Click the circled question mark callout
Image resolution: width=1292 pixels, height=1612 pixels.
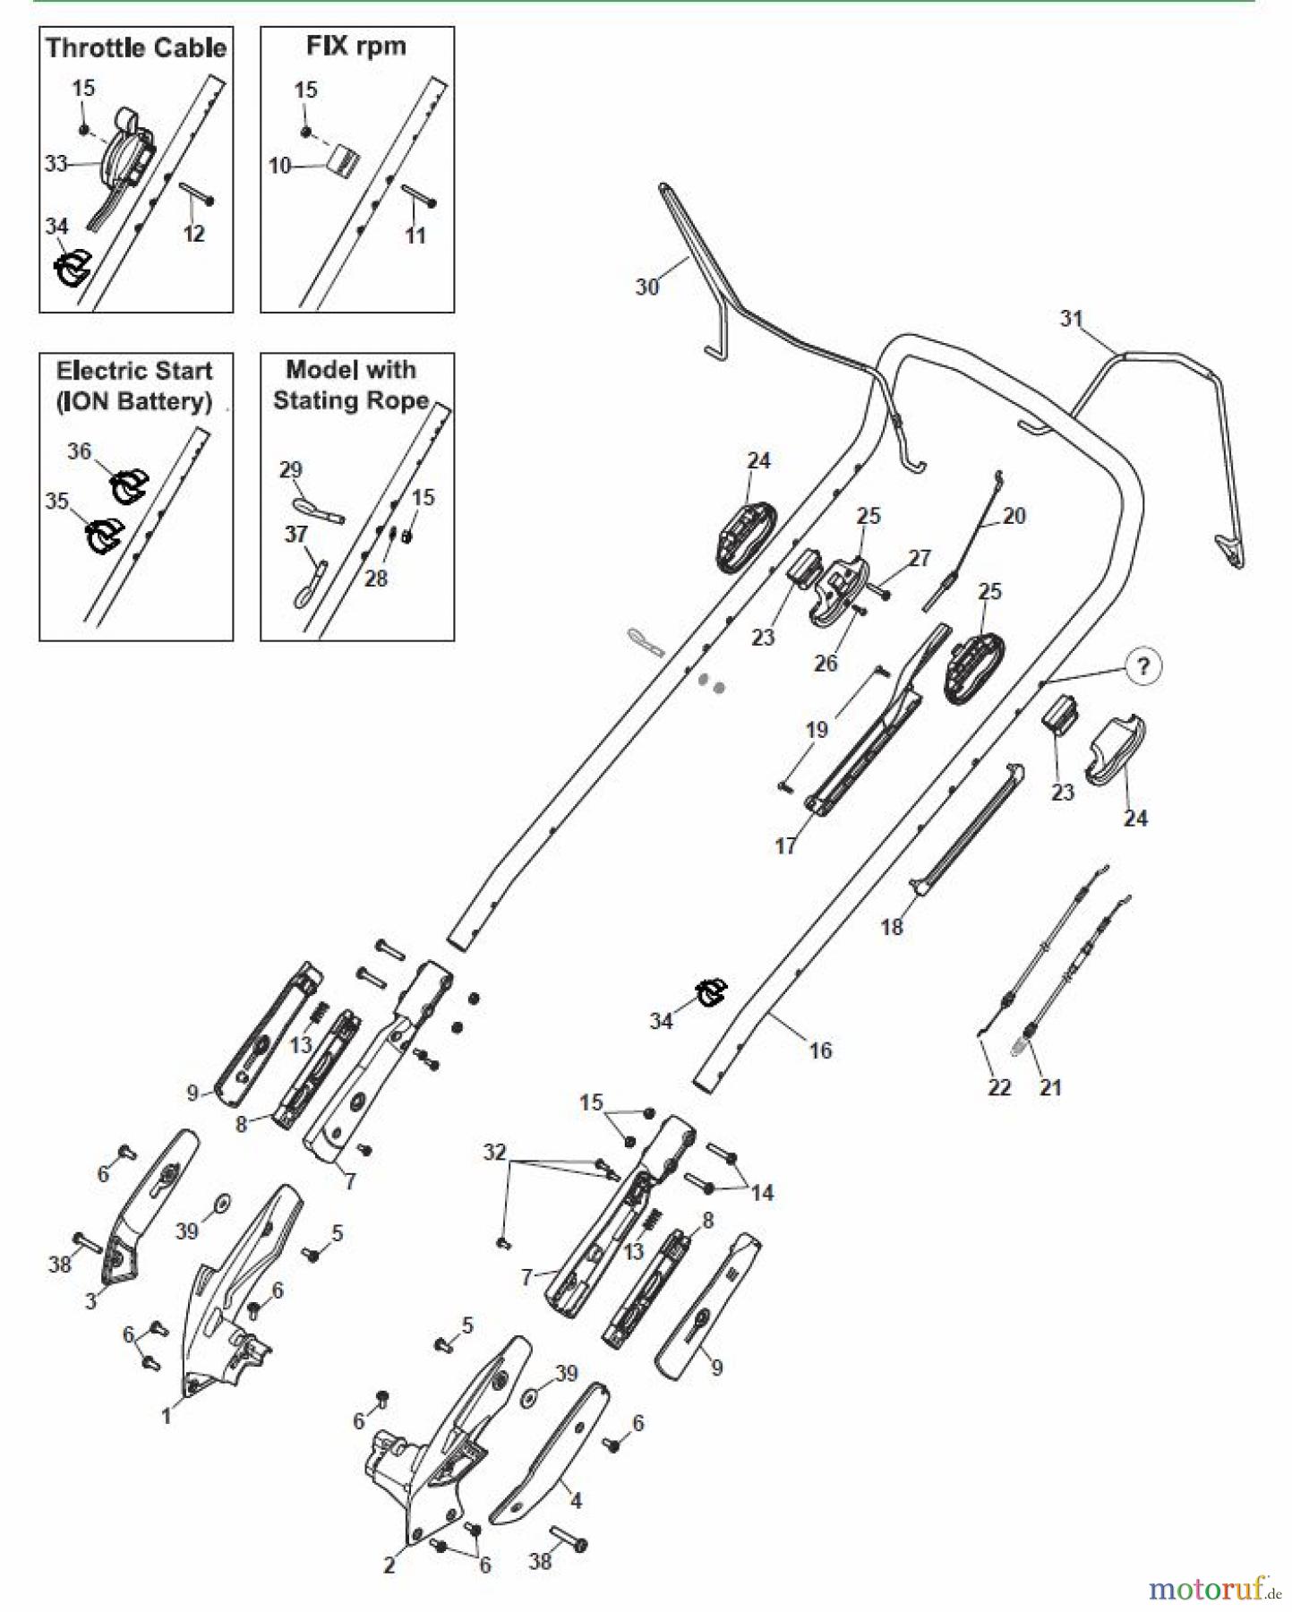click(1142, 666)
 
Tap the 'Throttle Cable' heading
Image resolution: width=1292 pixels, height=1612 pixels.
click(136, 47)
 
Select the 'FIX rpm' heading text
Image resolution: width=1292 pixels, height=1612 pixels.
click(356, 46)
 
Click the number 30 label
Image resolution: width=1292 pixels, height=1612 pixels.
click(646, 287)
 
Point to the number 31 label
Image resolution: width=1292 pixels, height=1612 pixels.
click(1072, 318)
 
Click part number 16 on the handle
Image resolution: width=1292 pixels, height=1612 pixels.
click(820, 1050)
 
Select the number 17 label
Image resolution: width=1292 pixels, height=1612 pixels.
click(785, 845)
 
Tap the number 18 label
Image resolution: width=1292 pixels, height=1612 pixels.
click(892, 927)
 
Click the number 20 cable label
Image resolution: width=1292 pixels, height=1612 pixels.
click(1014, 516)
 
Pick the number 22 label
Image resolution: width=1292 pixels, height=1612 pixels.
click(999, 1087)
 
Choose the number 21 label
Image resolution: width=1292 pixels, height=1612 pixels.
click(1050, 1087)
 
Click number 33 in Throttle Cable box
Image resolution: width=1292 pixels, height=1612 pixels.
click(56, 163)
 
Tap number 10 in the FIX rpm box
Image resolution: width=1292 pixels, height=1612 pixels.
click(279, 166)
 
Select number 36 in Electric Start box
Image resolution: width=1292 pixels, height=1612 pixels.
click(80, 451)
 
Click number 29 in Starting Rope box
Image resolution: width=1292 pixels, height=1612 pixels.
click(291, 469)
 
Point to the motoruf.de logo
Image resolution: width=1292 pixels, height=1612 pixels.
click(1213, 1588)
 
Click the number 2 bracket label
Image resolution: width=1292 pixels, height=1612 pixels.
click(389, 1565)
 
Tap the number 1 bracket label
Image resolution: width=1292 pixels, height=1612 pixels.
click(167, 1416)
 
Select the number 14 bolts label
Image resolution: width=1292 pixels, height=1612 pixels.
click(762, 1192)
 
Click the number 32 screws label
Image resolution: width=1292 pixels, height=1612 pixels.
click(494, 1152)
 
